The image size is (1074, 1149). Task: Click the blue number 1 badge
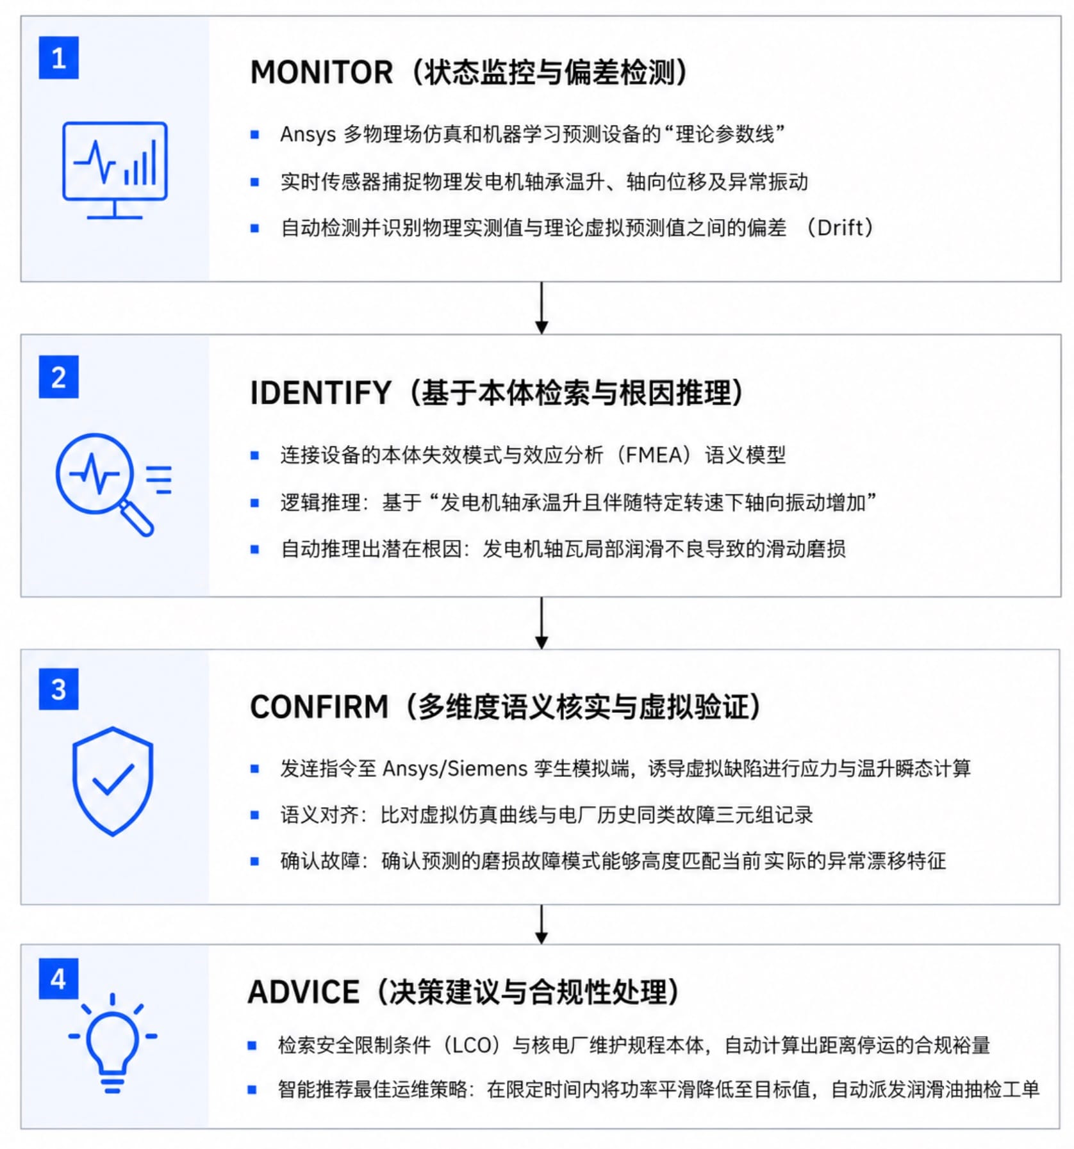[58, 58]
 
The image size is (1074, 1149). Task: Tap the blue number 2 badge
[58, 377]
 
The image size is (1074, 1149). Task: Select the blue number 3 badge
[58, 689]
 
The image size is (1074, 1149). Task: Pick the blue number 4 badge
[58, 979]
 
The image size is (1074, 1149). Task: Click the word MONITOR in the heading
[321, 72]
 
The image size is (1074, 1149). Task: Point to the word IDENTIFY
[320, 393]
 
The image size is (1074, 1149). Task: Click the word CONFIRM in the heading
[319, 707]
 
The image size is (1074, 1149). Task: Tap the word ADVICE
[304, 992]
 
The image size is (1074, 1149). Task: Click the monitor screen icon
[115, 170]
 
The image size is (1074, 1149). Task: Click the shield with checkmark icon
[113, 781]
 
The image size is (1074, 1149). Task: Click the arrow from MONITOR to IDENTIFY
[541, 307]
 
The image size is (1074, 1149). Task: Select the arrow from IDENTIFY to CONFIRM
[541, 623]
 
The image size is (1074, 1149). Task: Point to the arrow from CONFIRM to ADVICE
[541, 924]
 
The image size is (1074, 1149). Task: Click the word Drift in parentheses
[840, 227]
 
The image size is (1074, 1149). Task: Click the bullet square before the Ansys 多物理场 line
[254, 134]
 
